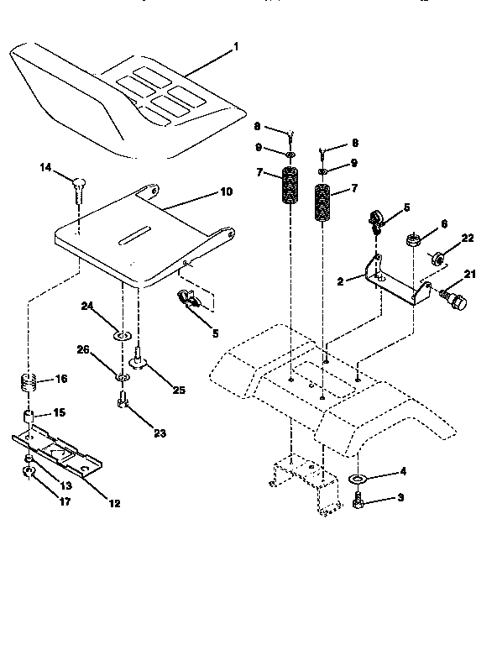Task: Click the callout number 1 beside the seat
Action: [236, 47]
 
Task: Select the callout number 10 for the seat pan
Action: [226, 191]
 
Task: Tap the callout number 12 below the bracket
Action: [114, 504]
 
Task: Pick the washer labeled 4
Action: [356, 480]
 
